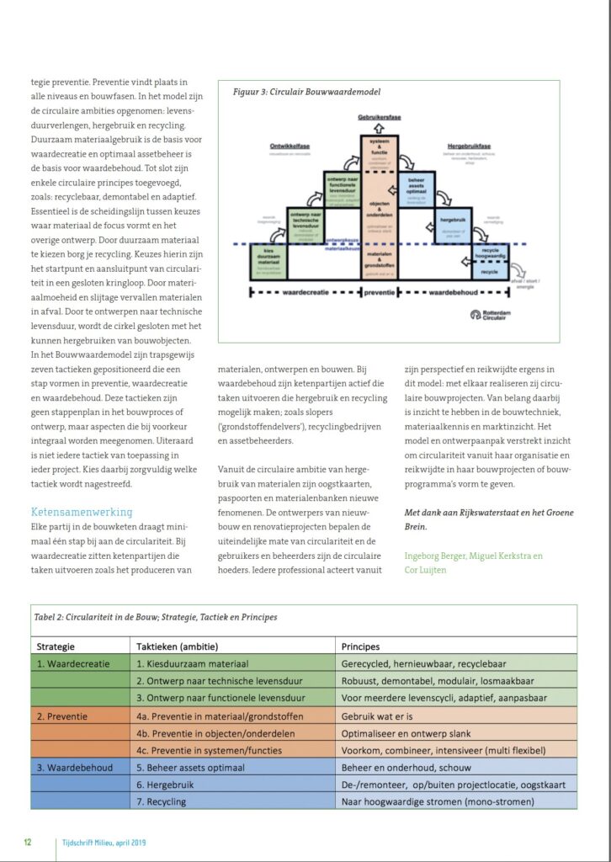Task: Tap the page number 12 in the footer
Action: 28,842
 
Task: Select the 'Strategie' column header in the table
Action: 56,646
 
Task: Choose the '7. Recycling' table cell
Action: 162,801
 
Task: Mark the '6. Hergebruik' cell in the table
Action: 167,785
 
